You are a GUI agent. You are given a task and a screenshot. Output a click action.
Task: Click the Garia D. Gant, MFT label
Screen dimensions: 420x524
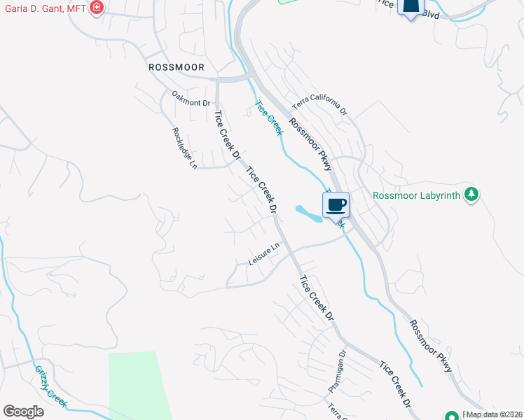click(43, 9)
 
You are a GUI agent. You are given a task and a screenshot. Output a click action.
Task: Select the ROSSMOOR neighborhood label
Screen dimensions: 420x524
click(177, 67)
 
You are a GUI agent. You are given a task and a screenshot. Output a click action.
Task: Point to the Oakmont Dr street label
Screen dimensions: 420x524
click(191, 98)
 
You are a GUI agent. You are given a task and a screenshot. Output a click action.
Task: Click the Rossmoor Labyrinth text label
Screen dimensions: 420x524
click(417, 195)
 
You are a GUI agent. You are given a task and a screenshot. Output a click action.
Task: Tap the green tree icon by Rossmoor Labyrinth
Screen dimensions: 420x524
click(472, 194)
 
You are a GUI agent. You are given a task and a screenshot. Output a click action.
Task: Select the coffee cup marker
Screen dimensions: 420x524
click(336, 204)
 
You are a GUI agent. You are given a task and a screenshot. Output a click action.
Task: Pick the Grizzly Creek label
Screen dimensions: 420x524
click(50, 386)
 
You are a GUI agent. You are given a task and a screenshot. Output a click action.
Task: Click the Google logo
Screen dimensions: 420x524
click(23, 412)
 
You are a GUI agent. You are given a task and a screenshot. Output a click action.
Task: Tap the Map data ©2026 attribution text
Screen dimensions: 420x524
click(495, 414)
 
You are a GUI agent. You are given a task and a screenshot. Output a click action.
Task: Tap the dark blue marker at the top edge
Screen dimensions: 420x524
click(411, 7)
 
